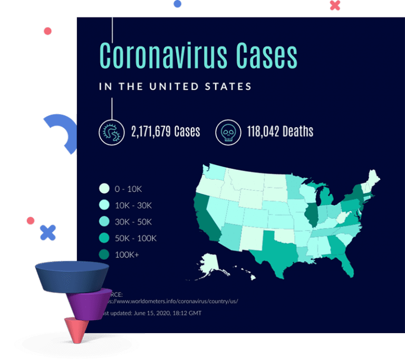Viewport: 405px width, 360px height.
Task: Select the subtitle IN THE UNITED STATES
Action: (175, 86)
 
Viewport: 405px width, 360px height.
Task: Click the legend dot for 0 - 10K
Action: (104, 188)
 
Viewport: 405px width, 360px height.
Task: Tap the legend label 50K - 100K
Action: (136, 238)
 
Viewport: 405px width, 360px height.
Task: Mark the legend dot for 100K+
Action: (104, 255)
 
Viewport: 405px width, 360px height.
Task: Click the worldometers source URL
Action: (174, 301)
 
